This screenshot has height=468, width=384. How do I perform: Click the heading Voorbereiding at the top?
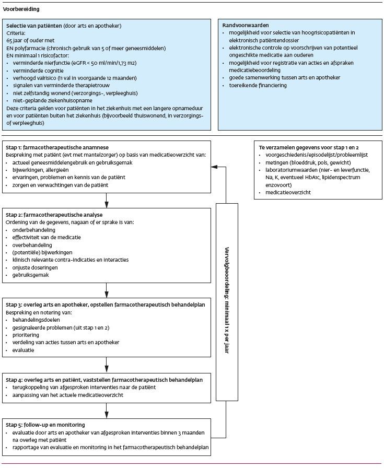click(21, 9)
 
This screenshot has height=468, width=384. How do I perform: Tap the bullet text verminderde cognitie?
click(36, 70)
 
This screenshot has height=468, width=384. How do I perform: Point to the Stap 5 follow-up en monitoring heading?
click(45, 425)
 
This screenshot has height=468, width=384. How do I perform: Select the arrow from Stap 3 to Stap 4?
click(106, 363)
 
